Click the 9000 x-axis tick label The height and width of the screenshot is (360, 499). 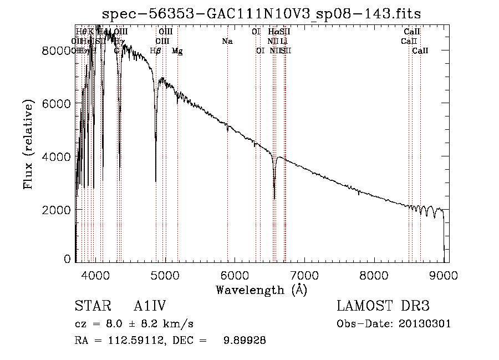[444, 273]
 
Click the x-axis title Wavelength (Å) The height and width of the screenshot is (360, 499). [261, 290]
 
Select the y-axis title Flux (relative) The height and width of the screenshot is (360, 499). [28, 144]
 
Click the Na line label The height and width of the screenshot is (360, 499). [227, 42]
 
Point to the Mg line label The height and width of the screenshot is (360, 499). [177, 51]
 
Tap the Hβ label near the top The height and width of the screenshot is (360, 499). [156, 51]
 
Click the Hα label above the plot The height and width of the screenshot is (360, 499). [273, 32]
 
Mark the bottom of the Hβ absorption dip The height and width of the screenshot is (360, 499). [156, 181]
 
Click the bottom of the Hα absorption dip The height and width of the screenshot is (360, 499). [274, 198]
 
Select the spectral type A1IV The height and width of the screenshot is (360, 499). [150, 306]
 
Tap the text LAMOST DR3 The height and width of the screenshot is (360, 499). [383, 306]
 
